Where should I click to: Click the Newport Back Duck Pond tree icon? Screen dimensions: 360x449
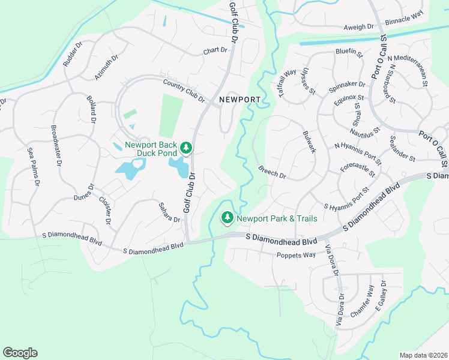[186, 148]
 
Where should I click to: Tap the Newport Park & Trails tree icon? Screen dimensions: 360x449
[227, 218]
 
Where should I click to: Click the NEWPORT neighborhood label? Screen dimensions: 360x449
[239, 100]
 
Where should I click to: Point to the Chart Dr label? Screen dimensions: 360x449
[217, 51]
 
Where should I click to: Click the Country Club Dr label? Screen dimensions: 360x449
[184, 90]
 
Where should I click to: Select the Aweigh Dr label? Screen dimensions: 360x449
[358, 27]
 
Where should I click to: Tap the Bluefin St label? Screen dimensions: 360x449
[349, 52]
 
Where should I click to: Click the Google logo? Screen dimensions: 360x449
[20, 353]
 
